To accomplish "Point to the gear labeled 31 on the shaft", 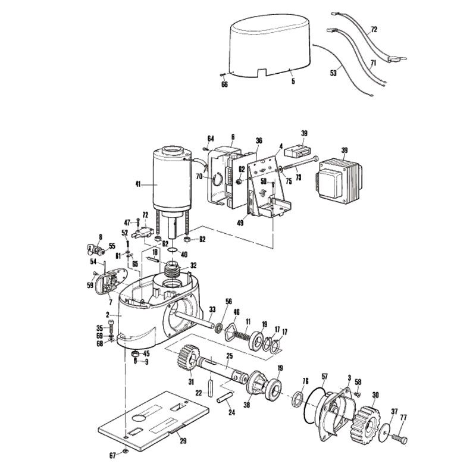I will [x=190, y=360].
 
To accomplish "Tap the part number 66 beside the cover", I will [x=225, y=84].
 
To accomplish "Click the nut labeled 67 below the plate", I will [x=127, y=454].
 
